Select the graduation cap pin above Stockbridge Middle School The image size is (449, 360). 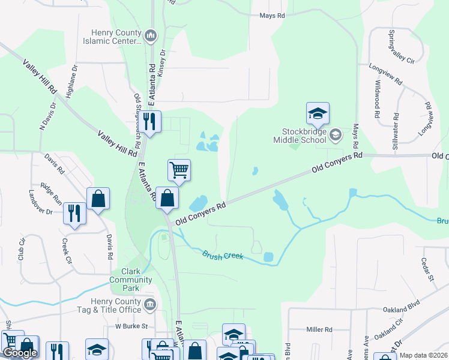pyautogui.click(x=318, y=113)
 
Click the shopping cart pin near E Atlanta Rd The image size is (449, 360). pyautogui.click(x=179, y=170)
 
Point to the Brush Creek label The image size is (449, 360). pyautogui.click(x=223, y=256)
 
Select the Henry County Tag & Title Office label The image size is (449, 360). pyautogui.click(x=116, y=305)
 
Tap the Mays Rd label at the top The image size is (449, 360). pyautogui.click(x=272, y=16)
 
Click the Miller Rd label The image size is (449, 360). pyautogui.click(x=319, y=329)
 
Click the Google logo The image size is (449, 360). pyautogui.click(x=20, y=353)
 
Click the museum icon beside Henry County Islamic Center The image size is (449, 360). pyautogui.click(x=151, y=37)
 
